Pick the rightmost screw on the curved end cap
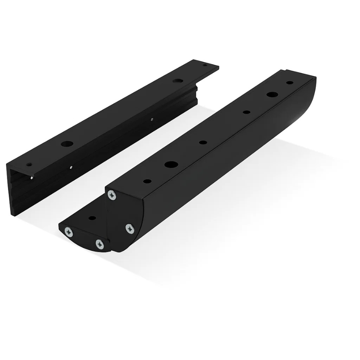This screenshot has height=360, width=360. pos(130,228)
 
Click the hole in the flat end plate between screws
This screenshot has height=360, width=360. pos(92,218)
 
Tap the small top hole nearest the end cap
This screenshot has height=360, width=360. pos(147,181)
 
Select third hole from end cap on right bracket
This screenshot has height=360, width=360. pos(203,142)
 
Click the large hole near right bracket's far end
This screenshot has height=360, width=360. pos(272,95)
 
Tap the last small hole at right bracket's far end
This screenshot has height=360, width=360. pos(289,83)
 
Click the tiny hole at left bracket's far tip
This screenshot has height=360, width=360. pos(205,65)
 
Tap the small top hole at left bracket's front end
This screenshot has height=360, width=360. pos(29,164)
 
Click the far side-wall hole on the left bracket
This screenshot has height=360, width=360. pos(151,119)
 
